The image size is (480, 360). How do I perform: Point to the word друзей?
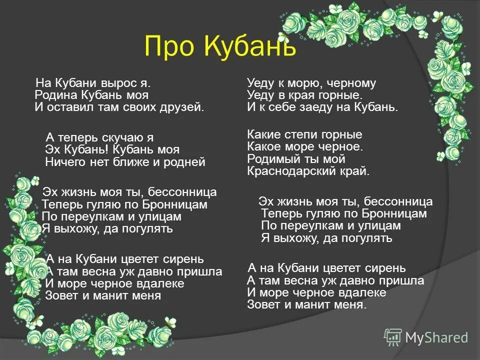point(185,107)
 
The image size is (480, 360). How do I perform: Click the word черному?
point(350,83)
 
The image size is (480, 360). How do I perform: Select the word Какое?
point(263,146)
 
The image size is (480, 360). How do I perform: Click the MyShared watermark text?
point(436,337)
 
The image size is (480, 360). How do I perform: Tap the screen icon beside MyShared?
point(392,337)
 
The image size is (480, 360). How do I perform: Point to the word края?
point(308,95)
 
